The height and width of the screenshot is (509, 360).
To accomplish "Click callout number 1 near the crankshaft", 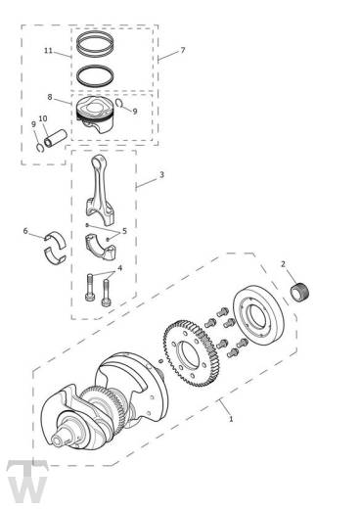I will point(229,418).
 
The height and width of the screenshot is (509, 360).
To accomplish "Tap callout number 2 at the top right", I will point(284,264).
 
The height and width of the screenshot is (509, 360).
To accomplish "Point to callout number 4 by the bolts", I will point(119,267).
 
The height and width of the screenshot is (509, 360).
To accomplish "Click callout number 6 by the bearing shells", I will point(25,232).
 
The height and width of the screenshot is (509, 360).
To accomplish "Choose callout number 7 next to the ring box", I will point(182,49).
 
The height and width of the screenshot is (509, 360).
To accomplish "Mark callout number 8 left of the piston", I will point(50,97).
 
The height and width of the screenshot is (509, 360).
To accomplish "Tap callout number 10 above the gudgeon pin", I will point(42,118).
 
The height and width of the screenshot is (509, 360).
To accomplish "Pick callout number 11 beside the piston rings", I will point(48,50).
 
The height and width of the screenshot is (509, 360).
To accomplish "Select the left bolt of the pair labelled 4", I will point(90,290).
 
